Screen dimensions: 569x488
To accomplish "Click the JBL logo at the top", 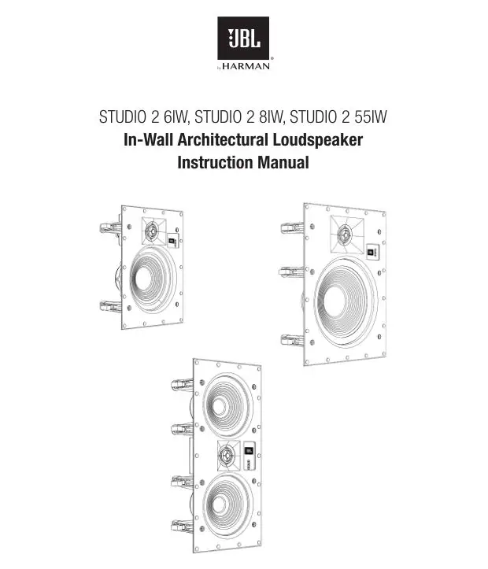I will (x=243, y=39).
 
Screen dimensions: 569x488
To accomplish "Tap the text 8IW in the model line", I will (x=268, y=119).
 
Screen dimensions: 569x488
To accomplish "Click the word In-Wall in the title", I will (x=150, y=142).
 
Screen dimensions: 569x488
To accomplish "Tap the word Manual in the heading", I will (x=283, y=164).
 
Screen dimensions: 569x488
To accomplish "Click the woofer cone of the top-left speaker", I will (x=150, y=278).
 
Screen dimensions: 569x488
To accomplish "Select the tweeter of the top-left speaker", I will (x=153, y=231).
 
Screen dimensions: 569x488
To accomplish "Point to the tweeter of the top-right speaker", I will (x=343, y=234).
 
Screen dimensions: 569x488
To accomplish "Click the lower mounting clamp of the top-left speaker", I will (x=110, y=307).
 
